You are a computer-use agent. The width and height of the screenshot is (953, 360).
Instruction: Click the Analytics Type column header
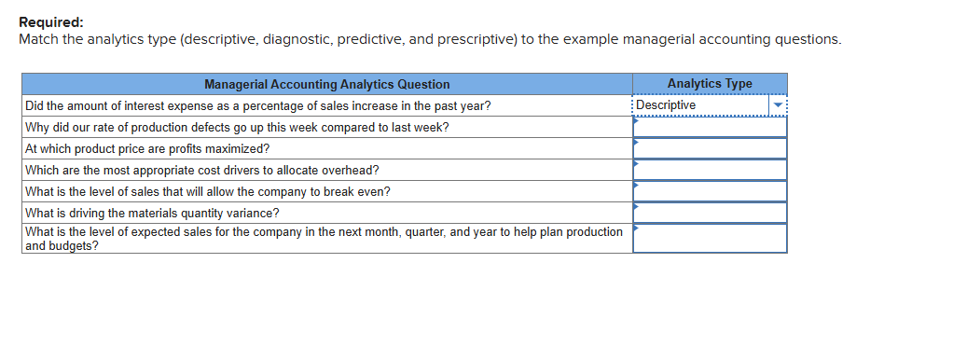[x=710, y=84]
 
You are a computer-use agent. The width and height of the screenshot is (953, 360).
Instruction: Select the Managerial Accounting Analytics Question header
[x=326, y=84]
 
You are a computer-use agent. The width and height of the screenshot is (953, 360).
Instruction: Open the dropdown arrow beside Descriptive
[x=778, y=105]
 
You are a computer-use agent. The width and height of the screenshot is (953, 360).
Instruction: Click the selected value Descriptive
[x=666, y=105]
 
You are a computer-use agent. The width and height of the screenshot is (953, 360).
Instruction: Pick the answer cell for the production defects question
[x=710, y=127]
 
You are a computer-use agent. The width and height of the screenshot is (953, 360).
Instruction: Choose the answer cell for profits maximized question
[x=710, y=148]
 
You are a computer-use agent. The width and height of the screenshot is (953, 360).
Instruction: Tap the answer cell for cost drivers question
[x=710, y=170]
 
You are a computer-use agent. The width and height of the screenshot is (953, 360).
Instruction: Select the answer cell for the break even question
[x=710, y=191]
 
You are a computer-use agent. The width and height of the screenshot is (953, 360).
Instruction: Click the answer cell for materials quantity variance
[x=710, y=213]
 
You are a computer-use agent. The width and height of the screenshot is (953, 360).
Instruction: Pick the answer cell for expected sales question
[x=710, y=239]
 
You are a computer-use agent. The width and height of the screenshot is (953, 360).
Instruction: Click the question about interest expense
[x=257, y=105]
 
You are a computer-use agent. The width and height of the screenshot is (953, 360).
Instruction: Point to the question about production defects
[x=236, y=127]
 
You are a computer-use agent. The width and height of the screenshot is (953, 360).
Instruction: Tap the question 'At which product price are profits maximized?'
[x=147, y=148]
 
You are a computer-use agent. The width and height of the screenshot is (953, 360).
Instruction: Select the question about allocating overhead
[x=201, y=170]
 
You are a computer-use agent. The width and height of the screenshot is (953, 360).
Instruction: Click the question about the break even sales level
[x=207, y=191]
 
